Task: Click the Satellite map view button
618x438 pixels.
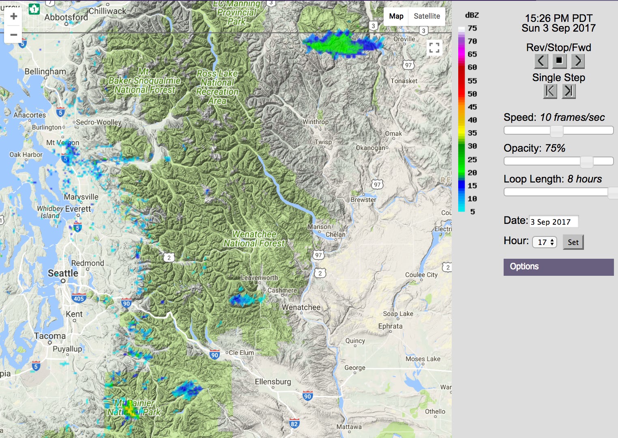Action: [x=427, y=16]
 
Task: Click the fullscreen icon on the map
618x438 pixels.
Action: [x=434, y=48]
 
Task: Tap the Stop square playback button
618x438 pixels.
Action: [x=559, y=61]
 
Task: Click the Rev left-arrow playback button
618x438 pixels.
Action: [x=541, y=61]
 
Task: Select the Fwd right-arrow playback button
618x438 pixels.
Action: [x=577, y=61]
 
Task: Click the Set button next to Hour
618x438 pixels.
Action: [x=573, y=242]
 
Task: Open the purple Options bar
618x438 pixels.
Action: [x=558, y=267]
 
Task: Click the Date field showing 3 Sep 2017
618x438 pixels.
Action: [x=554, y=221]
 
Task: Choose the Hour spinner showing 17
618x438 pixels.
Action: [x=545, y=242]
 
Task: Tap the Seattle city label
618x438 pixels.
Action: [x=63, y=273]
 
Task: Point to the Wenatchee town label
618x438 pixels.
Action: [x=301, y=307]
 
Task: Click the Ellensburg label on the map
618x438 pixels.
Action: [x=273, y=382]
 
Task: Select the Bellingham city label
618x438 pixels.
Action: [x=45, y=72]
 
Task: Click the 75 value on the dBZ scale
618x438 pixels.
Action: [x=472, y=28]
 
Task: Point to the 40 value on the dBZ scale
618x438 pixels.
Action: [x=472, y=120]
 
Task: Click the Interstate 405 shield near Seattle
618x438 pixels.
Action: [x=79, y=298]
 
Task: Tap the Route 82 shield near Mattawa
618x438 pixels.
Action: [x=294, y=424]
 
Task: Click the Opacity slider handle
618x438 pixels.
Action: [x=586, y=161]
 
